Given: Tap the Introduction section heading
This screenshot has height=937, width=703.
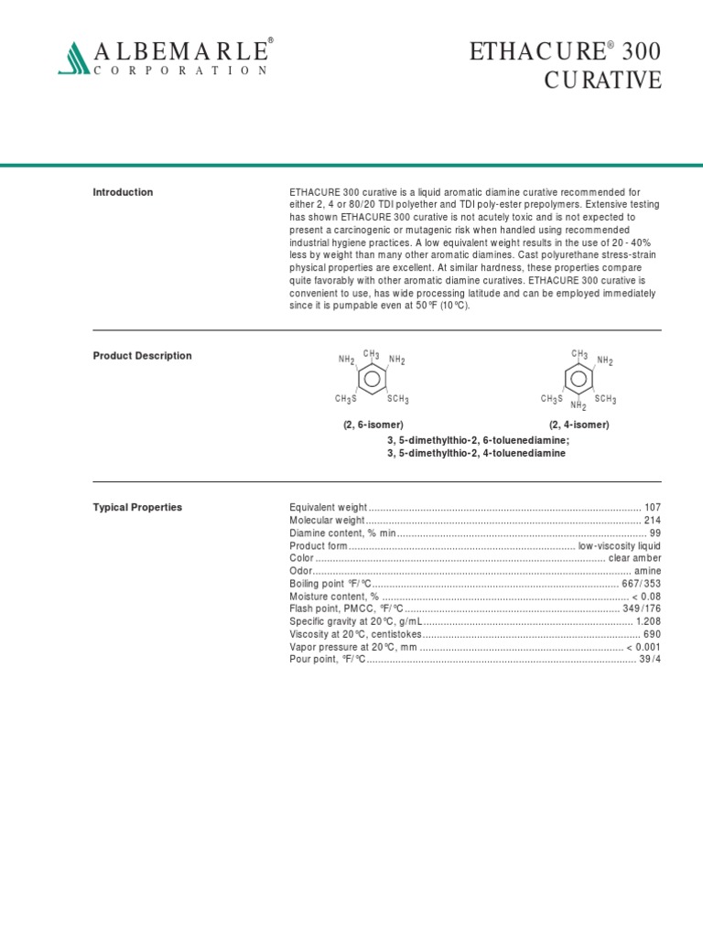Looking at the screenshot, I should point(123,192).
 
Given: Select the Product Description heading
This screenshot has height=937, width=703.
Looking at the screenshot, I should point(142,356).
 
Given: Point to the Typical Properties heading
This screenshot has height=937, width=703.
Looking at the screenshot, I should point(137,507).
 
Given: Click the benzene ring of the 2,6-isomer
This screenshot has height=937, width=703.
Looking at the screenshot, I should point(372,378).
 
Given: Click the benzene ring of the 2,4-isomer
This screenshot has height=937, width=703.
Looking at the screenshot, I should point(579,378).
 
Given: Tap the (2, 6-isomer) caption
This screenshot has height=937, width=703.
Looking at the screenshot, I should point(373,425).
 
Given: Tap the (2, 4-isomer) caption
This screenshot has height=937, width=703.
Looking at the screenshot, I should point(579,425).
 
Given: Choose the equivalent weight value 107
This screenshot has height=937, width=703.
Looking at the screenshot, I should point(652,507).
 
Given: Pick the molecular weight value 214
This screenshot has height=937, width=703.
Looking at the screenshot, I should point(652,520).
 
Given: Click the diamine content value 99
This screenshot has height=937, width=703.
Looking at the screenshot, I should point(654,533).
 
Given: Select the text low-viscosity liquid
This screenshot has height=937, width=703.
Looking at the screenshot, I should point(619,545).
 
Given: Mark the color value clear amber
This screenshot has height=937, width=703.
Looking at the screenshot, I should point(634,558).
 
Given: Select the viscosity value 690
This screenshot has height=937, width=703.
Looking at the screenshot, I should point(652,634).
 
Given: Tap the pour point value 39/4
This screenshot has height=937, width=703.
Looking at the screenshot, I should point(649,659).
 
